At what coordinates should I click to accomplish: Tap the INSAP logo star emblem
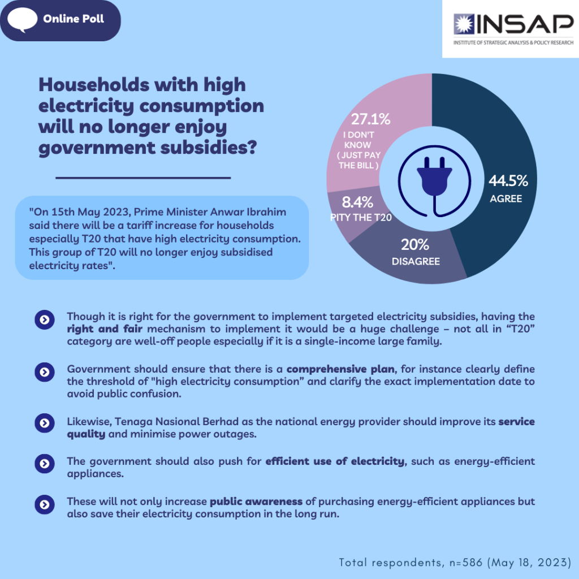tap(466, 23)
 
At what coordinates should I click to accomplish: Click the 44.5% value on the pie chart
tap(508, 181)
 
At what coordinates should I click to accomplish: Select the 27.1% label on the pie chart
tap(371, 119)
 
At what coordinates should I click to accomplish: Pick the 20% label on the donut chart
tap(415, 245)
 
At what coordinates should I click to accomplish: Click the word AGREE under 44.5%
tap(506, 199)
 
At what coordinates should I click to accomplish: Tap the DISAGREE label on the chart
tap(416, 261)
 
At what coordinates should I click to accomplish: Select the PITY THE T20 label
tap(361, 218)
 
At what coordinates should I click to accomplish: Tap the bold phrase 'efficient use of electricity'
tap(335, 461)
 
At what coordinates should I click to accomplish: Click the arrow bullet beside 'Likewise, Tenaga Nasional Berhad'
tap(44, 423)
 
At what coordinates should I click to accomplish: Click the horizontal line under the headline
tap(143, 178)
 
